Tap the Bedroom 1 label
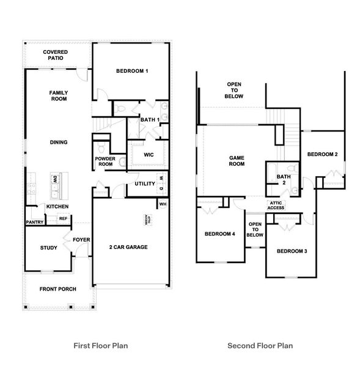(x=132, y=72)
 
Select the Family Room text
(x=59, y=96)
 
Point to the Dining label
(x=59, y=143)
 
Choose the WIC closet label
(x=149, y=155)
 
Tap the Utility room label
(x=145, y=183)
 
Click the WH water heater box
(x=163, y=204)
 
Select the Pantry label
(x=34, y=222)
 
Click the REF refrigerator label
(x=63, y=218)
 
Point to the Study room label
(x=49, y=248)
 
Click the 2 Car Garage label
(x=129, y=247)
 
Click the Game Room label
(x=237, y=161)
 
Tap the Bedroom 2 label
(x=322, y=154)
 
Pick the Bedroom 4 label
(x=219, y=234)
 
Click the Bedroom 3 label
(x=292, y=251)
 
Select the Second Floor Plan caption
(x=260, y=346)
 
